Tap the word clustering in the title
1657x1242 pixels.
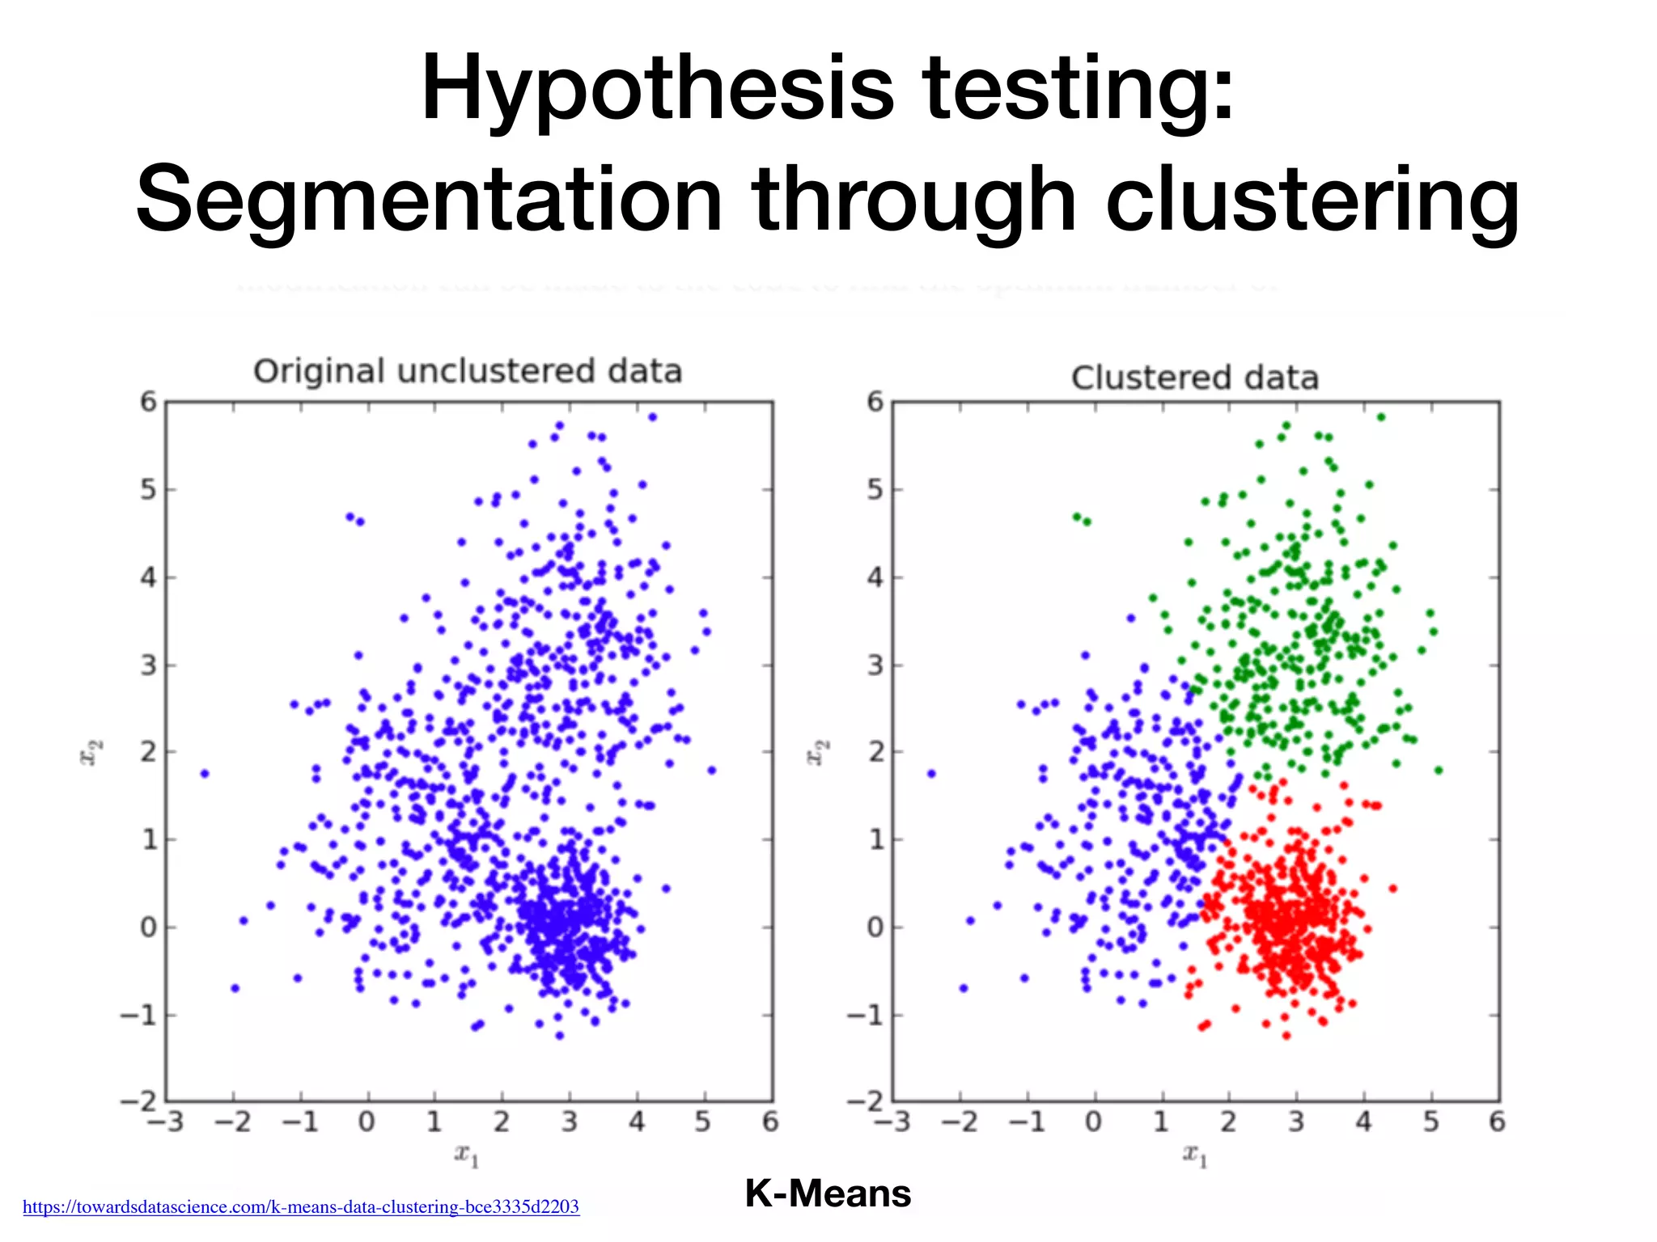pos(1312,200)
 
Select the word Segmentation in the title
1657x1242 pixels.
pos(429,200)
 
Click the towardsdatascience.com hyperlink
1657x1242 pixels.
pos(301,1207)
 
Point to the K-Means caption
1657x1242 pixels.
pos(828,1193)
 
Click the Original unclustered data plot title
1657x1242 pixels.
pos(468,371)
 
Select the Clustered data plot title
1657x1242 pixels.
pos(1194,378)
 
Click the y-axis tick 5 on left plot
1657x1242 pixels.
pos(148,490)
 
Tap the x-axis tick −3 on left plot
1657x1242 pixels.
pos(165,1122)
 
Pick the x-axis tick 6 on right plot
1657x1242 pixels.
pos(1497,1122)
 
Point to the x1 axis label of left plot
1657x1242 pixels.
pos(467,1155)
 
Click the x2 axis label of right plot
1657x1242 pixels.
pos(817,752)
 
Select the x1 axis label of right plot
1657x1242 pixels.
pos(1194,1155)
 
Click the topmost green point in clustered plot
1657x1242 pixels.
pos(1381,417)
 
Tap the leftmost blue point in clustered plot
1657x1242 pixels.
pos(931,774)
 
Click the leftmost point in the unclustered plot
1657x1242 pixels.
pos(205,774)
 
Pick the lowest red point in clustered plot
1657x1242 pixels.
pos(1286,1035)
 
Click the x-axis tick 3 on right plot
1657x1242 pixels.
pos(1296,1122)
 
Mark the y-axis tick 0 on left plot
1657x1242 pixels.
pos(148,927)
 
